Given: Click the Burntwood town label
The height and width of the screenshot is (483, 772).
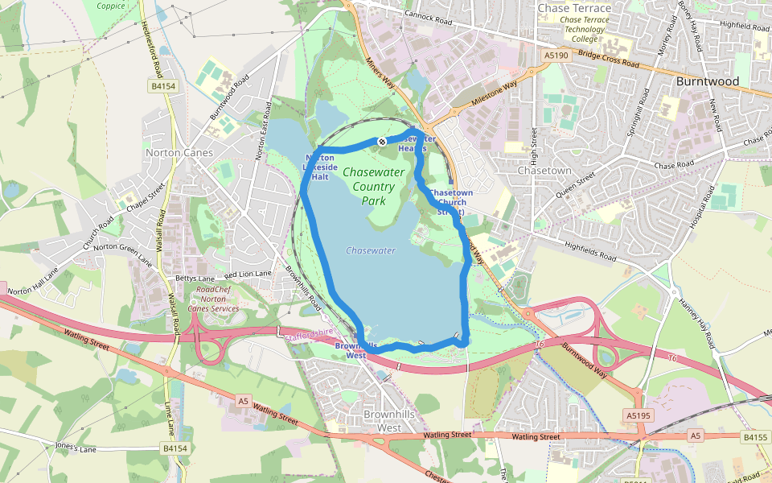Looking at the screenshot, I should (707, 81).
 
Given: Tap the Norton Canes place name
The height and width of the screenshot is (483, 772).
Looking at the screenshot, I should (179, 152).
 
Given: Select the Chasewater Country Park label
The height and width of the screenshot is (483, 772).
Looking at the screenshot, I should (368, 186).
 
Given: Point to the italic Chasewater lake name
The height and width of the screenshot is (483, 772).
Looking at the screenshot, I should (371, 250).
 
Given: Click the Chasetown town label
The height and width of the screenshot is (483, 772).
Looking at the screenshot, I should (544, 171).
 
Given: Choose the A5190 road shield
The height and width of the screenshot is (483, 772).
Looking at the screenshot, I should (556, 56).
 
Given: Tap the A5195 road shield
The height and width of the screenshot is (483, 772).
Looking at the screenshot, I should (636, 415).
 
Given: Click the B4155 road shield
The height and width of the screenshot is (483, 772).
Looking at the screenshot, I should (755, 437).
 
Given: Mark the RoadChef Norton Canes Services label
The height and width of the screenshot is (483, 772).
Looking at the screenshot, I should (213, 299).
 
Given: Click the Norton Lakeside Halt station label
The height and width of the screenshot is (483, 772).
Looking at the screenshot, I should (320, 167).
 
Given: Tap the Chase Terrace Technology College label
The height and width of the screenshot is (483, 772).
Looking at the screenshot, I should (584, 29).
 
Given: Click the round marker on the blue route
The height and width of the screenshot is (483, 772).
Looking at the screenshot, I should (382, 142).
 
